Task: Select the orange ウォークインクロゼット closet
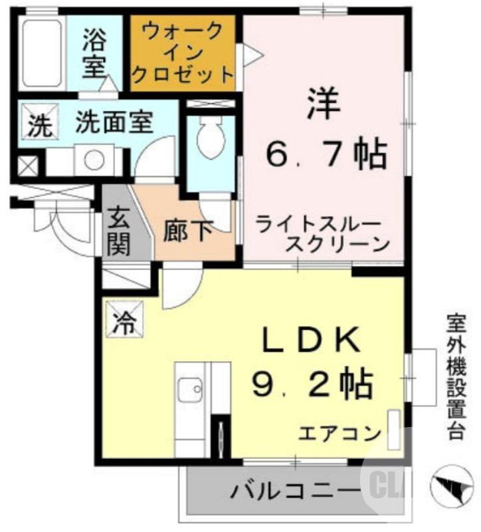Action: tap(183, 53)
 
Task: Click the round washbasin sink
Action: tap(94, 160)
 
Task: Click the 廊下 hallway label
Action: tap(188, 231)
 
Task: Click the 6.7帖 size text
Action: tap(326, 155)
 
